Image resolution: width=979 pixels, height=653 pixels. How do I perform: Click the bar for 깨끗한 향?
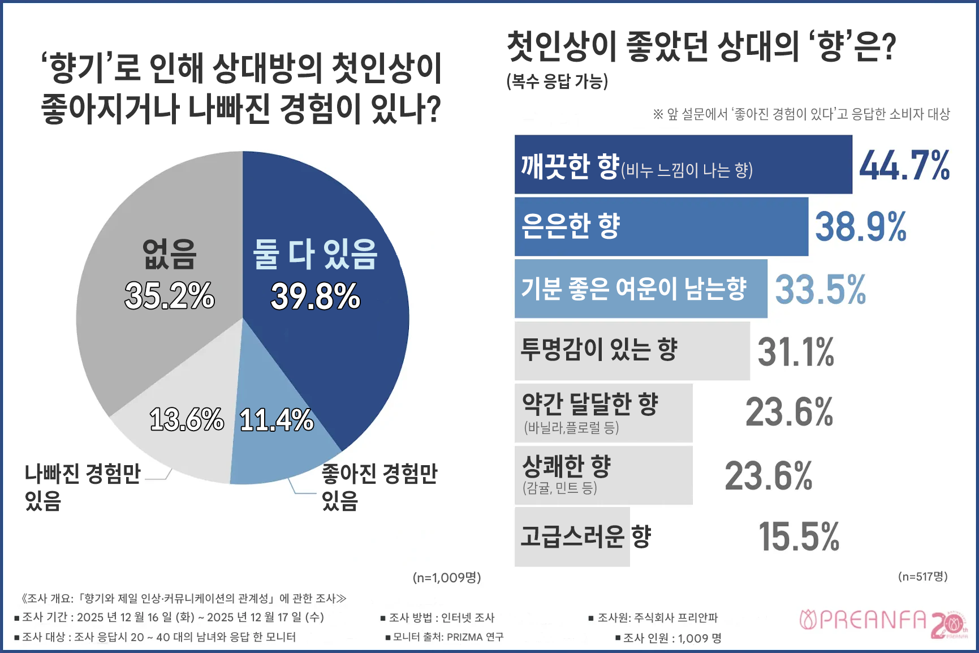pos(683,165)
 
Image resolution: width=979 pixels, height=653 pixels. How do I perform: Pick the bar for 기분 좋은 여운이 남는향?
pos(640,289)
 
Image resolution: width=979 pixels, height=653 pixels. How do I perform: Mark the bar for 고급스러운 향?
pos(572,537)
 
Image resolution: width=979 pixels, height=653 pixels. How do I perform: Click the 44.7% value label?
pos(904,166)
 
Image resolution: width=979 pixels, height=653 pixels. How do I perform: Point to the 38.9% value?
pos(860,227)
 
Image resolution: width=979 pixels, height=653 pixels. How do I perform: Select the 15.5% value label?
pos(799,537)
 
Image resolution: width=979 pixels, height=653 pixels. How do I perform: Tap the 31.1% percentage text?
pos(795,352)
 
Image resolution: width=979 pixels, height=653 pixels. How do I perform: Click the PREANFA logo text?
pos(863,621)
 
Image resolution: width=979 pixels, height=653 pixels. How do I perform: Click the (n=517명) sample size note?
pos(922,577)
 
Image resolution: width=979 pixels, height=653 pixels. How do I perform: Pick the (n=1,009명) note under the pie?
pos(446,578)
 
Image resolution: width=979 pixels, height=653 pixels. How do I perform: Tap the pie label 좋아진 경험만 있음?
pos(379,487)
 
